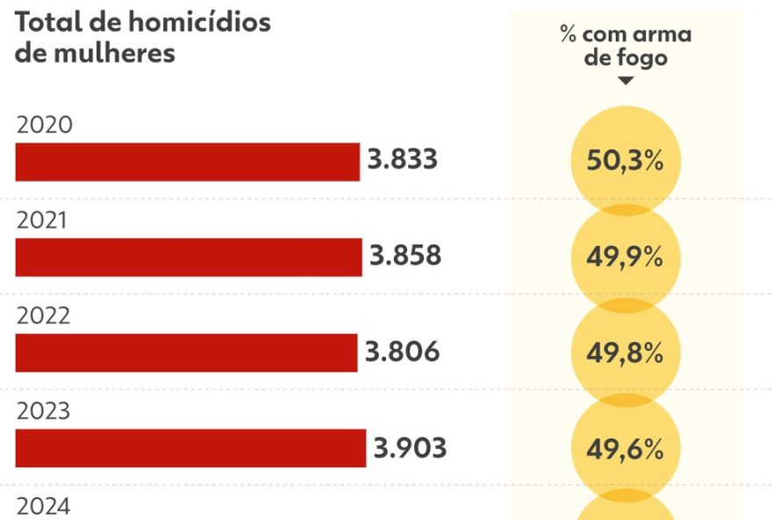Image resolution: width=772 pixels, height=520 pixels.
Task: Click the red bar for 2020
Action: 188,162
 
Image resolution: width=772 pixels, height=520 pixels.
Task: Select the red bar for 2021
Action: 189,256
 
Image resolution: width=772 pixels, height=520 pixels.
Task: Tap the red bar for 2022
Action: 186,352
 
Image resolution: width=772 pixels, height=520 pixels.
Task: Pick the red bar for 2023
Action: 190,448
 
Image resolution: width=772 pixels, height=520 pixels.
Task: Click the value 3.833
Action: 402,161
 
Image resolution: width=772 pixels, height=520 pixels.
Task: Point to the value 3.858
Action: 404,256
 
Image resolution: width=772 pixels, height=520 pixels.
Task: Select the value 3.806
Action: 402,351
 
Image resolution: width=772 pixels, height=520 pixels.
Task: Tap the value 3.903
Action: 410,447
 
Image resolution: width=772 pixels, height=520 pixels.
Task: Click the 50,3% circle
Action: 625,162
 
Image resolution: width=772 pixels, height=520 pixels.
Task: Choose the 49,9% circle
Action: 625,258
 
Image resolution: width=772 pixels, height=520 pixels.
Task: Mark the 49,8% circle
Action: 625,353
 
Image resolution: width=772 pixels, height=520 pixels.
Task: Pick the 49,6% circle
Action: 625,449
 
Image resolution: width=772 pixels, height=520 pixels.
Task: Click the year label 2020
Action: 44,126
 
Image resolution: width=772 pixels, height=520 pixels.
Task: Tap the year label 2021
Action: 42,221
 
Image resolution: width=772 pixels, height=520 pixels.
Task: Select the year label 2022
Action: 44,316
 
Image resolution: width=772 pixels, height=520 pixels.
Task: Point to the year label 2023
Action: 44,411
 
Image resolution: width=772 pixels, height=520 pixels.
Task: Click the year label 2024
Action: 44,507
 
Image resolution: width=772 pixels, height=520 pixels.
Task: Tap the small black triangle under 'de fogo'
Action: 625,81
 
